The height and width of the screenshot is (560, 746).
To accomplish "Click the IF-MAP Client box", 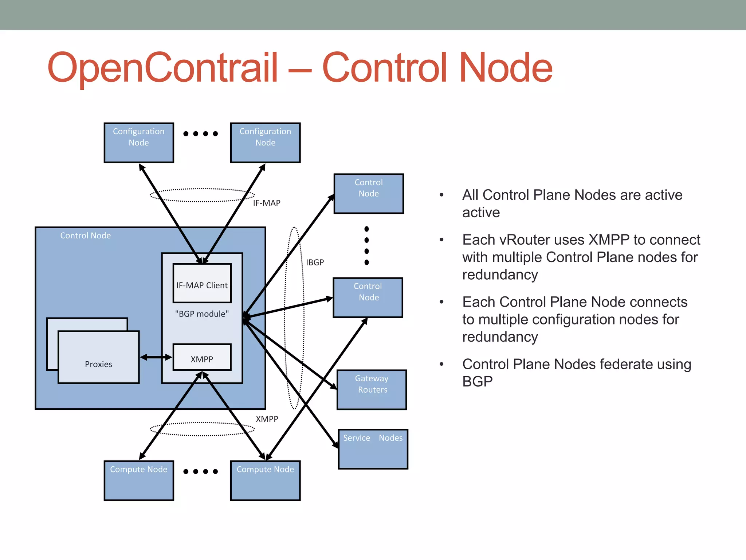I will [202, 284].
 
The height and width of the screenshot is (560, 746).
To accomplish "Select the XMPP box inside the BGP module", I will [202, 358].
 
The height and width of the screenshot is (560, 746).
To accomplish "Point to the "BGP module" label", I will [202, 314].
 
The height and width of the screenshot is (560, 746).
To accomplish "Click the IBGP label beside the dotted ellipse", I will [315, 262].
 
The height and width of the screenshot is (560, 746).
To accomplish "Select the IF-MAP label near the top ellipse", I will [267, 203].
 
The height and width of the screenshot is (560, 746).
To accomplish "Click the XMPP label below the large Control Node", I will [267, 419].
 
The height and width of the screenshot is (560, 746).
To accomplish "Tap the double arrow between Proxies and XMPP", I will [156, 357].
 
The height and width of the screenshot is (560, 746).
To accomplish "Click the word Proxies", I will [98, 364].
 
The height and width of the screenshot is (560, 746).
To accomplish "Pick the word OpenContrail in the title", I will [163, 68].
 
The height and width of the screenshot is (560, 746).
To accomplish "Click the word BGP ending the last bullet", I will [477, 382].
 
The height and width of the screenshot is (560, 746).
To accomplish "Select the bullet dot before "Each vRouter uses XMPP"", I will [441, 240].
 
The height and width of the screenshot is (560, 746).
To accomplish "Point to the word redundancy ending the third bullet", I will [500, 337].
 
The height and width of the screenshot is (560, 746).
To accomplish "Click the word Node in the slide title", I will [506, 68].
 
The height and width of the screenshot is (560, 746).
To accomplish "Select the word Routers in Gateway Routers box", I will [373, 390].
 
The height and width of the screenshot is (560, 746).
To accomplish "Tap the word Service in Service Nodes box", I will [356, 438].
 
